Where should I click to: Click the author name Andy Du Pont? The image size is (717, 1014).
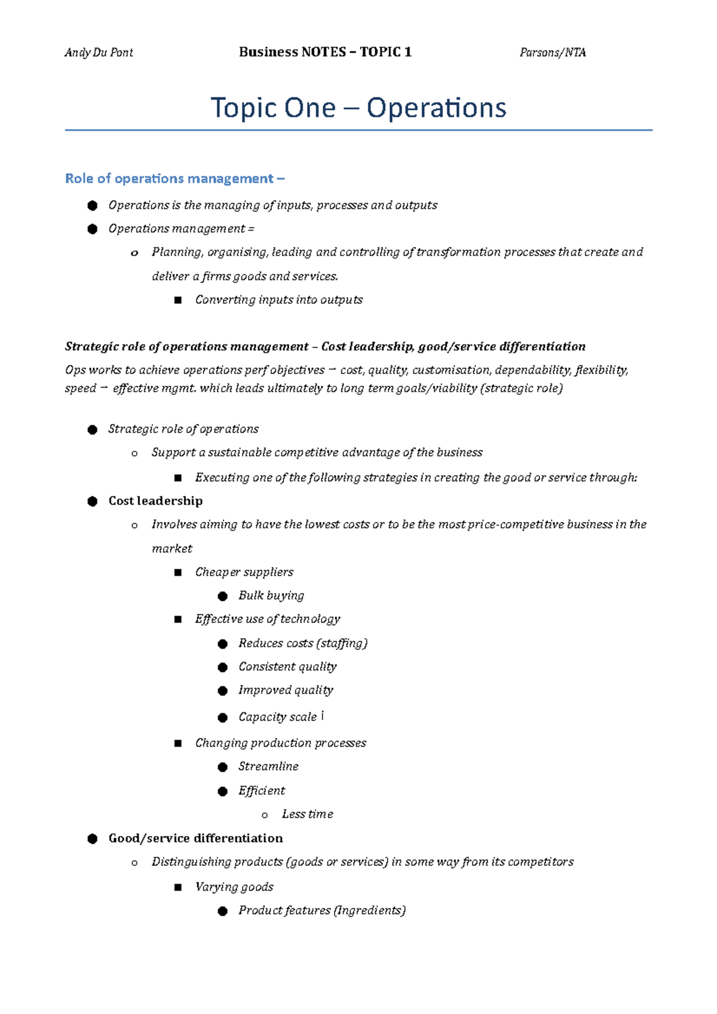(x=99, y=53)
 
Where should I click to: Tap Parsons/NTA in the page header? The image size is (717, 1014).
(x=553, y=53)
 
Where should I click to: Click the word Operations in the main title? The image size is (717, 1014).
(x=436, y=108)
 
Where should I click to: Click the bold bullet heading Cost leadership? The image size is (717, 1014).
(x=155, y=501)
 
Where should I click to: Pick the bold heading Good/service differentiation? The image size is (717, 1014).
(x=195, y=838)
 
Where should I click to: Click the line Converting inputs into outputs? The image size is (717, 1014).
(x=278, y=300)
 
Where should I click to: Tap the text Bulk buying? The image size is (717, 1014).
(x=271, y=595)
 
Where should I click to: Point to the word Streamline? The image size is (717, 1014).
(x=268, y=766)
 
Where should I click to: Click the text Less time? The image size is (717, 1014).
(x=307, y=814)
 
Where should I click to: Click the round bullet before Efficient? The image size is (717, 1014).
(x=223, y=791)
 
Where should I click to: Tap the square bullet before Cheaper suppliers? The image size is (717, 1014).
(x=177, y=573)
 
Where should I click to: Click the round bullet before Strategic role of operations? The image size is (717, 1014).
(x=92, y=430)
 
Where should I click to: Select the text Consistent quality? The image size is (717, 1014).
(x=287, y=666)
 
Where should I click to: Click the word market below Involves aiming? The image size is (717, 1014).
(x=171, y=549)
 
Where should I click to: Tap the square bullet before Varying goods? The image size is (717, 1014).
(x=177, y=887)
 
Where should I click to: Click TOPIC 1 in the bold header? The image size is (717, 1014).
(x=385, y=52)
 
